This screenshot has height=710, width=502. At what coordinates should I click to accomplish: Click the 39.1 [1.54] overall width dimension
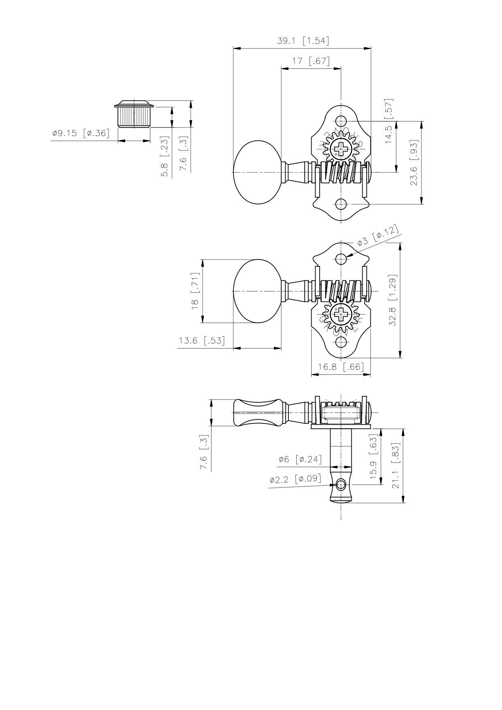[303, 41]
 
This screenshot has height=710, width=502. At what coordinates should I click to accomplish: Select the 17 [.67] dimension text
[311, 61]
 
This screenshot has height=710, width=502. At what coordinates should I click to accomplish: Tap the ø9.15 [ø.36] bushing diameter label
[81, 133]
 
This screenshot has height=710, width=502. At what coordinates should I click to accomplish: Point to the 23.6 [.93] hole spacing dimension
[414, 163]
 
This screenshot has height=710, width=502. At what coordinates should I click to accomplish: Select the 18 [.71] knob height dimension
[195, 291]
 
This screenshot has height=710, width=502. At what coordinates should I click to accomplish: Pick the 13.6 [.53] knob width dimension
[201, 340]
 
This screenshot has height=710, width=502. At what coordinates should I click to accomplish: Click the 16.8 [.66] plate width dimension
[341, 367]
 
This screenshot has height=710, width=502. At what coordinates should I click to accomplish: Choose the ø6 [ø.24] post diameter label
[299, 459]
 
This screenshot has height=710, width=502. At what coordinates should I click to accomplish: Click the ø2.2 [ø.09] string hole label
[295, 479]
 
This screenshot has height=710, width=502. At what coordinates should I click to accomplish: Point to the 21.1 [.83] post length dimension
[395, 466]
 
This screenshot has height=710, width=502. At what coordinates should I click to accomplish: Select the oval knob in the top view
[257, 172]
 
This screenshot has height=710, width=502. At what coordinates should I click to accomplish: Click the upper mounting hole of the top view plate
[342, 121]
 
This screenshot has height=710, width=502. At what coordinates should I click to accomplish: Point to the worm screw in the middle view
[340, 290]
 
